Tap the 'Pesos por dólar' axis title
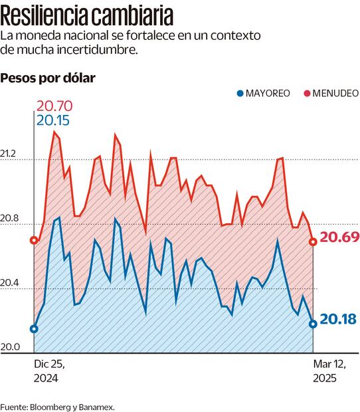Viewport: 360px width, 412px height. pos(48,78)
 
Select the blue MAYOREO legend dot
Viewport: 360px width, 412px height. pos(240,93)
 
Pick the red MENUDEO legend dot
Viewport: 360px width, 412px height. pos(307,93)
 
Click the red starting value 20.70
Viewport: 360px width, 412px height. pos(54,106)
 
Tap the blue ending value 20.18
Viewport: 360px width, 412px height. pos(338,320)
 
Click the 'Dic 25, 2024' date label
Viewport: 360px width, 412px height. pos(46,371)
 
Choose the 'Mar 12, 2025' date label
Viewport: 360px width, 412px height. pos(325,371)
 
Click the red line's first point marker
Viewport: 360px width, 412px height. pos(34,241)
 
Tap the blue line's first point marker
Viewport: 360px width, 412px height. pos(34,329)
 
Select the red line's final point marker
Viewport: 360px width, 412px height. pos(313,241)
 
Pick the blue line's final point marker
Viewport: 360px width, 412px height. pos(313,324)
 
